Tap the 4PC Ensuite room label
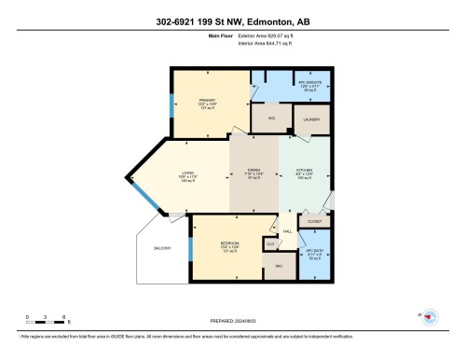point(291,86)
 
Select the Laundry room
point(310,119)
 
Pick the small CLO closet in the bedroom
point(270,243)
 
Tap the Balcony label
point(161,249)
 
